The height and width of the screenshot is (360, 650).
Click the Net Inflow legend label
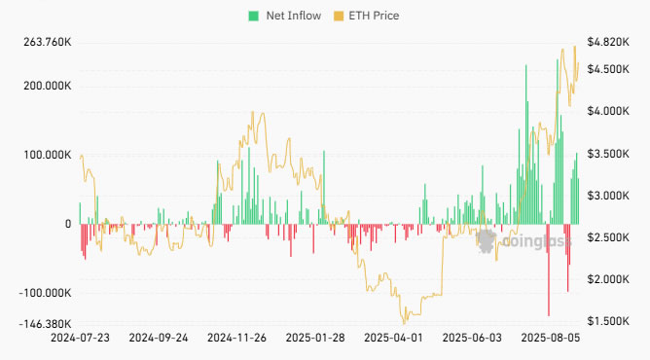[x=292, y=16]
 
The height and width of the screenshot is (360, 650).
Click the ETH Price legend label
[x=373, y=16]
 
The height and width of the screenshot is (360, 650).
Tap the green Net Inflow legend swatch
[x=254, y=16]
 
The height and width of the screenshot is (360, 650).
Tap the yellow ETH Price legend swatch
[x=339, y=16]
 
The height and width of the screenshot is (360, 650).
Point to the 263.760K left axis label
[x=45, y=43]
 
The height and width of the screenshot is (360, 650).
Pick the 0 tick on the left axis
[x=68, y=224]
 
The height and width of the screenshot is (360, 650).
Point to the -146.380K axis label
[x=43, y=324]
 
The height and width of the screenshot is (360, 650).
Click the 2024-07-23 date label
[x=80, y=339]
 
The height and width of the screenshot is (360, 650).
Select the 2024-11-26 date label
[x=236, y=339]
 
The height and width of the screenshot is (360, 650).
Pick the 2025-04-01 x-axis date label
[x=393, y=339]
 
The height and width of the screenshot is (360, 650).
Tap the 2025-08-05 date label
[x=550, y=339]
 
